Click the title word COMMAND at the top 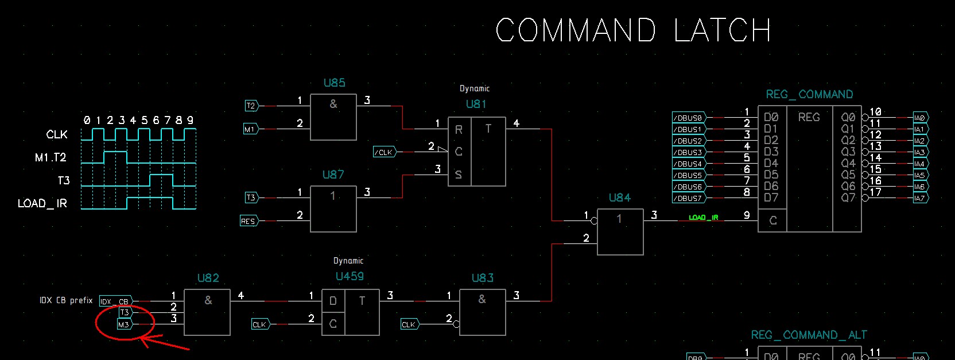(x=575, y=30)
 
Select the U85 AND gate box (x=333, y=117)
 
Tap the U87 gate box (x=333, y=208)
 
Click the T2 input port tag (x=251, y=106)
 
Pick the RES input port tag (x=248, y=221)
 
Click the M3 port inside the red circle (x=124, y=324)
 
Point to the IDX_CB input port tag (x=115, y=301)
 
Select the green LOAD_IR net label (x=703, y=218)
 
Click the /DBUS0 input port (x=688, y=118)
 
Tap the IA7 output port (x=920, y=198)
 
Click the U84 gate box (x=620, y=231)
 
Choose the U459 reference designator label (x=350, y=276)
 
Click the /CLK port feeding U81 (x=384, y=152)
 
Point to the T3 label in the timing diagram (x=64, y=181)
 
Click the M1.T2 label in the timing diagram (x=51, y=157)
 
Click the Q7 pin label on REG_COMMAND (x=848, y=198)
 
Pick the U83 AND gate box (x=482, y=312)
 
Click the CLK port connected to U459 (x=259, y=324)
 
